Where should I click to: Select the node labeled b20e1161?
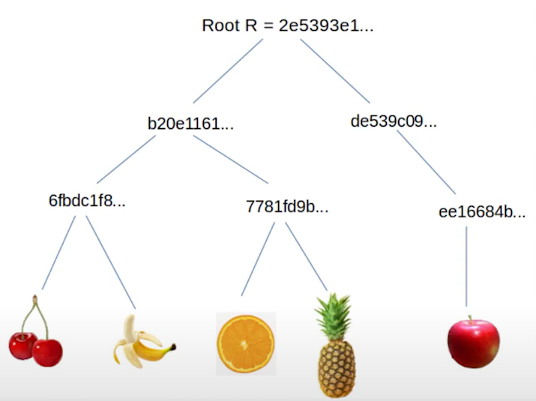point(190,124)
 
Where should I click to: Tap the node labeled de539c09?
point(394,121)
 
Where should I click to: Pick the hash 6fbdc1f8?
point(87,200)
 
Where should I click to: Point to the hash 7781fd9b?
point(287,207)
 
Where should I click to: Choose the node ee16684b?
point(482,212)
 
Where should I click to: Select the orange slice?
point(246,343)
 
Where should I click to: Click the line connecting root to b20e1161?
point(228,70)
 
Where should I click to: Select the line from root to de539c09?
point(335,70)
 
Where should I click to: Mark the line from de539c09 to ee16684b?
point(426,163)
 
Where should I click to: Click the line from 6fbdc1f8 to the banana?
point(110,262)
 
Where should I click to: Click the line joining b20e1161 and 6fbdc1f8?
point(126,159)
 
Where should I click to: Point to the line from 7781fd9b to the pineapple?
point(307,257)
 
